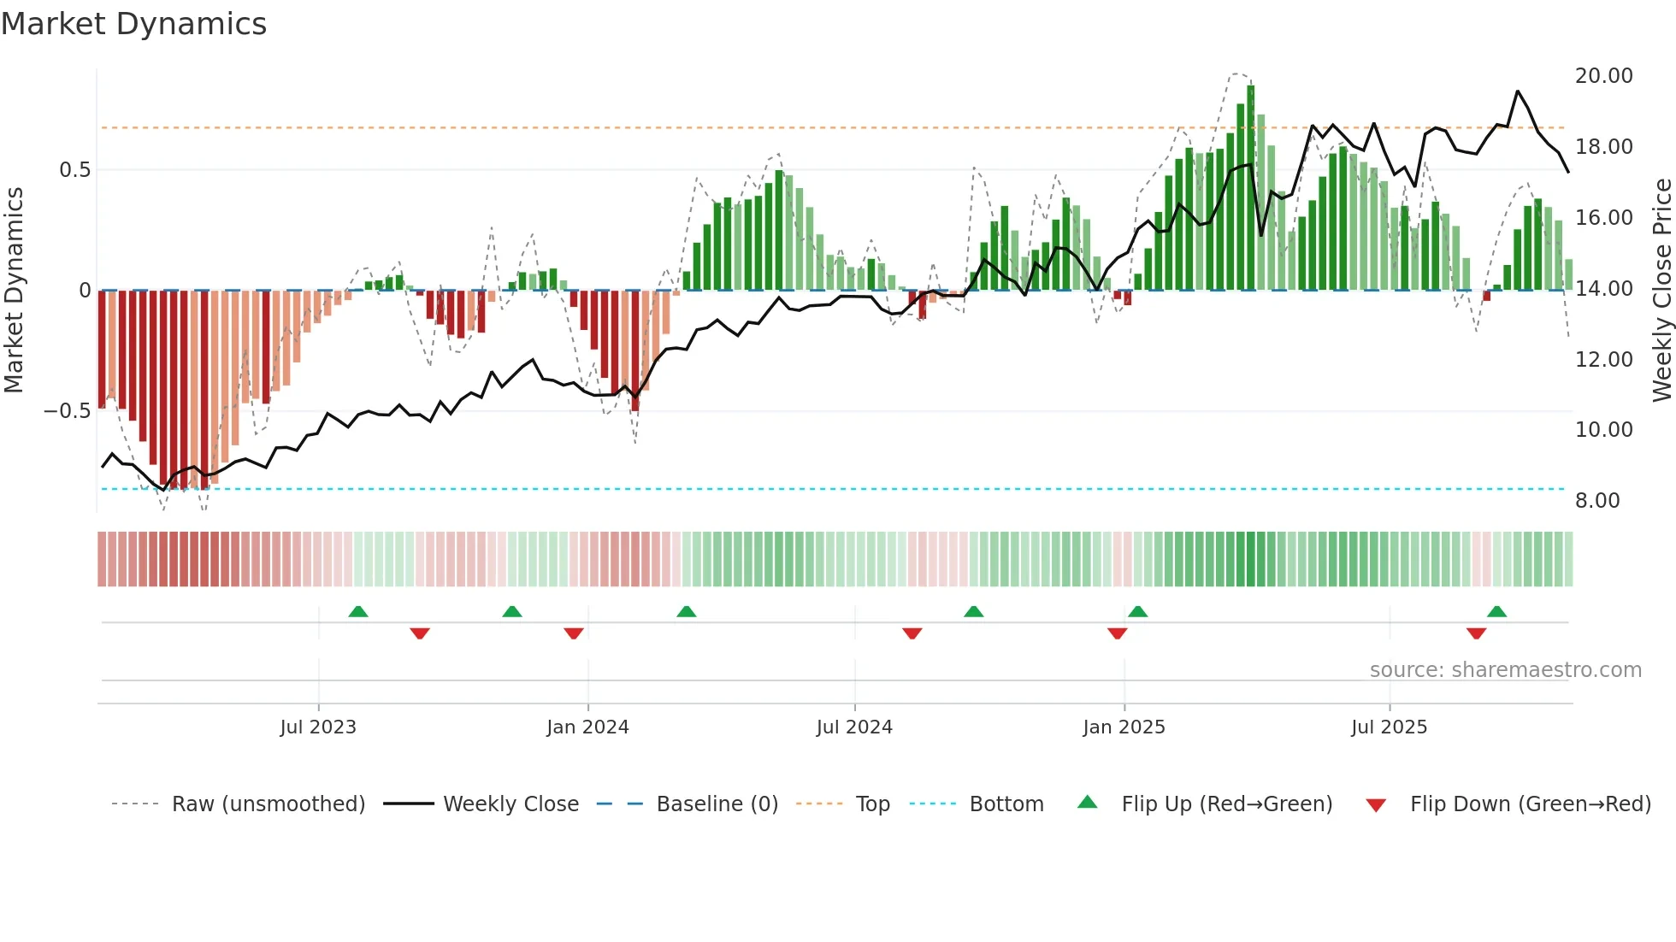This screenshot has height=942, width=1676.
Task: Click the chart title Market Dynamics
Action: [133, 24]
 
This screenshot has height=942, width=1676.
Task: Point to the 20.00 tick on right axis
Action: [1603, 76]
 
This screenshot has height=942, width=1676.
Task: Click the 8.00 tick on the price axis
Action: [1596, 501]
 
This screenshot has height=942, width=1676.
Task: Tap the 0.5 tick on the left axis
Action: [74, 170]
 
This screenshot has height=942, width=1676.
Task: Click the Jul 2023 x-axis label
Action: [318, 727]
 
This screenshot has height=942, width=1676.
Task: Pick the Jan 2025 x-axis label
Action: [1124, 727]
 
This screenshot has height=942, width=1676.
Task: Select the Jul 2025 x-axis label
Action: [1389, 727]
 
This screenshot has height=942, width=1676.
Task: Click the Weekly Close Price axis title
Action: [1661, 291]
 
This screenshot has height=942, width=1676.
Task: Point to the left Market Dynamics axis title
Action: [14, 291]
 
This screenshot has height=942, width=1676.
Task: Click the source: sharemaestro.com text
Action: [1505, 670]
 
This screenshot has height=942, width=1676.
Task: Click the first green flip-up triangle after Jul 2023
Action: [358, 612]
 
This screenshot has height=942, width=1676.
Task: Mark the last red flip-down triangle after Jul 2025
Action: [1476, 633]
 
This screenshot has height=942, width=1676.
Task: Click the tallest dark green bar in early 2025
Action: [1250, 188]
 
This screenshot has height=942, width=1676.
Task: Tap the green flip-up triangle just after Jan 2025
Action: [1137, 612]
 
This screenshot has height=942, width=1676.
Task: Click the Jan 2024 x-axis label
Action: [587, 727]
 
